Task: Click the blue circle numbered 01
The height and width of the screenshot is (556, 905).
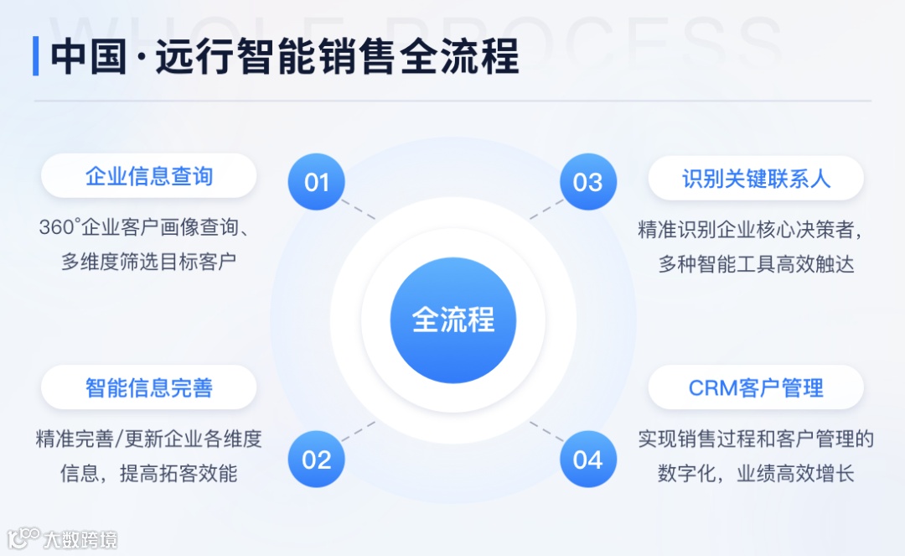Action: click(x=317, y=182)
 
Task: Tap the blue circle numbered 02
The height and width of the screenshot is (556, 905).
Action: click(x=317, y=459)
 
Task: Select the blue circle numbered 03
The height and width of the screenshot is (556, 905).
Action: click(x=587, y=182)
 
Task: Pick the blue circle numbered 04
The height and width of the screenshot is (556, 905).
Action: click(x=587, y=459)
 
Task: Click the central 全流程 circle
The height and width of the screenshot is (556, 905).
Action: click(x=453, y=320)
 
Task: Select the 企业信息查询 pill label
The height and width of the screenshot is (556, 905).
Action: click(x=149, y=176)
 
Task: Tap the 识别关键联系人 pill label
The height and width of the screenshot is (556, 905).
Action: click(x=756, y=178)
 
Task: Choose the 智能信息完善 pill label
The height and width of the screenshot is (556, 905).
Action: click(x=149, y=387)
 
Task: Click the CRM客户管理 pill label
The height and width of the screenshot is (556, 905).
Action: click(x=756, y=387)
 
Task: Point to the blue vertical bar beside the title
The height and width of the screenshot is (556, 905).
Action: click(x=36, y=56)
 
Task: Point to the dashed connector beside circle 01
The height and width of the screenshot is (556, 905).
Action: click(x=359, y=209)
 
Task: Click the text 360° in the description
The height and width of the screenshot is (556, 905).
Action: click(x=59, y=228)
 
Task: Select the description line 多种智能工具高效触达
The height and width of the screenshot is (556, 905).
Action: click(x=756, y=264)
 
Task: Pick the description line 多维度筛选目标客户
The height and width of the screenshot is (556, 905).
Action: click(x=149, y=262)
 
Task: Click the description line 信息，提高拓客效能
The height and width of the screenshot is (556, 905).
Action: click(x=149, y=473)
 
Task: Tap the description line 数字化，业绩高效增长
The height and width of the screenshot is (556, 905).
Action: click(x=756, y=473)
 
